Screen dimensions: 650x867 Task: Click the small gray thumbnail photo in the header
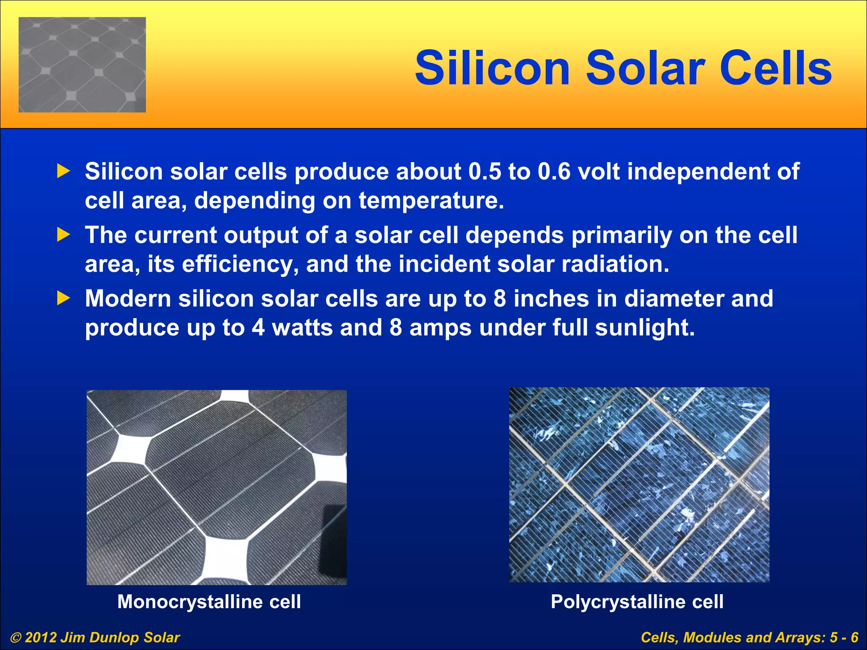pos(82,65)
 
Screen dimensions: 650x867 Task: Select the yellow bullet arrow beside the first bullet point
pos(63,171)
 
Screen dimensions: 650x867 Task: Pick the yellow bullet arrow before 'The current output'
pos(63,235)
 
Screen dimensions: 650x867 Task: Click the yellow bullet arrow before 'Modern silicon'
pos(63,298)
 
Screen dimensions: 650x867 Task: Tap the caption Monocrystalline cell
pos(209,601)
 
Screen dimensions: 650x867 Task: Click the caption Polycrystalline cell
pos(637,601)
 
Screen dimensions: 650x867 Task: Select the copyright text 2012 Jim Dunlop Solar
pos(102,637)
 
